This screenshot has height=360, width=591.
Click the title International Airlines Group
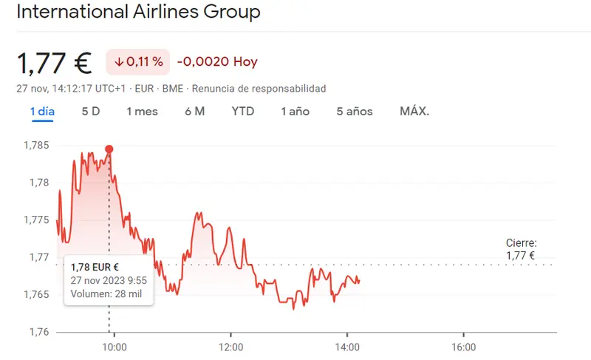coord(138,13)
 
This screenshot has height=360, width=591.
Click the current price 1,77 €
coord(54,63)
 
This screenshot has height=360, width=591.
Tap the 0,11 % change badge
coord(137,62)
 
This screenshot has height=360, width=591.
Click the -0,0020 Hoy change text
coord(217,62)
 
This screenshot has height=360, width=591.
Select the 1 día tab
coord(42,112)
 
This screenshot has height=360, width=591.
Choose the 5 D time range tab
coord(90,112)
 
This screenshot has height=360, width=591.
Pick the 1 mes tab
coord(142,112)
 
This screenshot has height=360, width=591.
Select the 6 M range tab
coord(194,112)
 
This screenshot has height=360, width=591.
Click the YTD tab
coord(242,112)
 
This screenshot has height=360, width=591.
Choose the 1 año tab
coord(295,112)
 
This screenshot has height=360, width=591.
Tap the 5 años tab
coord(355,112)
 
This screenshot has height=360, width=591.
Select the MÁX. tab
coord(414,112)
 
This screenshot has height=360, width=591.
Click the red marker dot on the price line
coord(109,149)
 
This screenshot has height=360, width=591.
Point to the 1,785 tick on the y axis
coord(36,146)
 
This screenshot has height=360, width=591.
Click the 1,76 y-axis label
coord(38,332)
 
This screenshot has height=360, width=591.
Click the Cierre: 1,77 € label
coord(521,249)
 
